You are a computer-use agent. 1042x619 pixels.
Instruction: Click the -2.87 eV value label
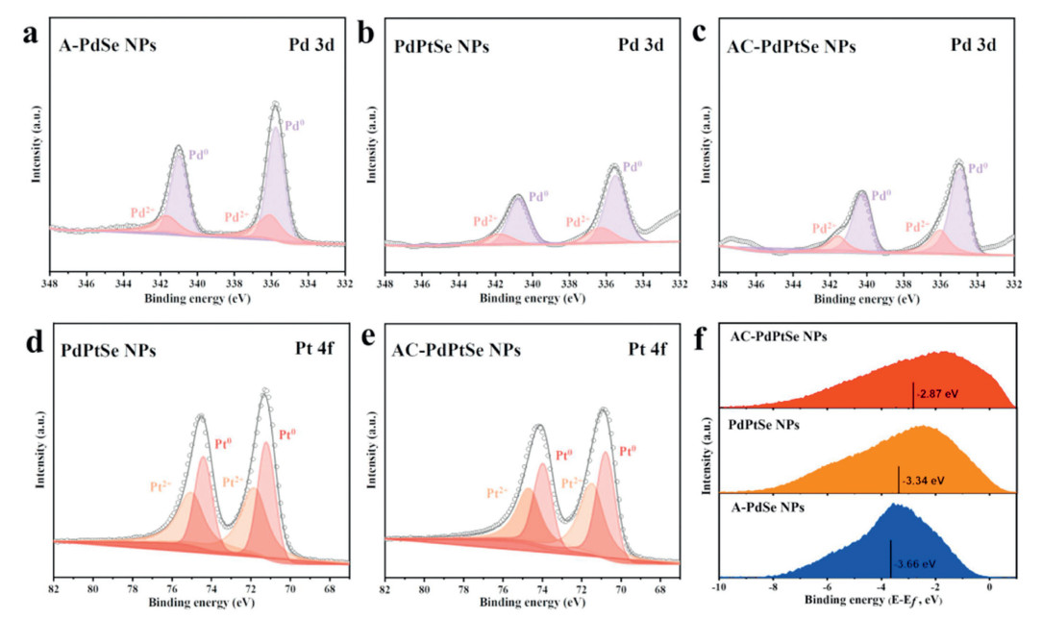coord(937,394)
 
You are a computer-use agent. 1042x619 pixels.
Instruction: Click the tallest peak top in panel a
coord(275,104)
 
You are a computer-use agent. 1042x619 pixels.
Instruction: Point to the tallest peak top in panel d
coord(264,390)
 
